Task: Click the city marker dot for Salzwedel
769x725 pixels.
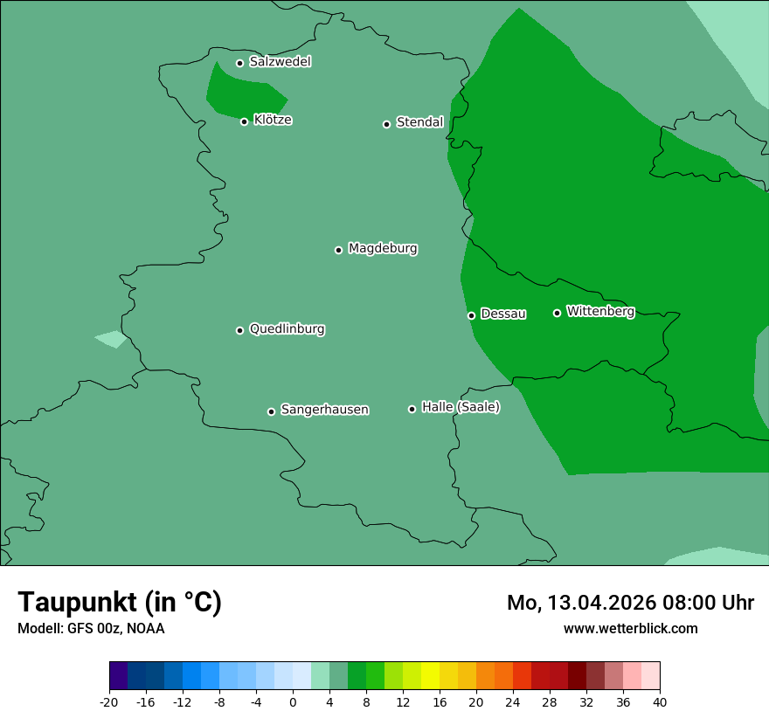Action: (x=239, y=63)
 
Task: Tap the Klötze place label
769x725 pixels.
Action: (x=273, y=120)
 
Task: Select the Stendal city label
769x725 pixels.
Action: (x=420, y=122)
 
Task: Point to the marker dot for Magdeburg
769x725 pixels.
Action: (x=338, y=250)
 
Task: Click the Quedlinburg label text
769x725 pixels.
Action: (x=287, y=329)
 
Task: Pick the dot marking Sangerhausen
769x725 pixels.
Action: (x=271, y=411)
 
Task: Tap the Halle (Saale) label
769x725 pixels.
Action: (x=461, y=407)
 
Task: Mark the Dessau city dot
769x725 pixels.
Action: (x=471, y=315)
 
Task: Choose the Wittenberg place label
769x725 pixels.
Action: (x=600, y=311)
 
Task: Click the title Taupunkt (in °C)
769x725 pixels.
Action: (x=120, y=603)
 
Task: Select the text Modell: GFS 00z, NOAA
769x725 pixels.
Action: (x=91, y=628)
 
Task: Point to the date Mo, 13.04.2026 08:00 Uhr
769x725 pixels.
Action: (x=630, y=603)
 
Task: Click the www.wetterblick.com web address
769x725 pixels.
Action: (x=630, y=628)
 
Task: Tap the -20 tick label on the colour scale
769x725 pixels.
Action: (x=109, y=702)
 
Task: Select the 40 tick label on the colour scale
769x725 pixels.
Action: (x=660, y=702)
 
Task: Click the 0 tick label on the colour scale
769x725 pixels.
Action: (x=293, y=702)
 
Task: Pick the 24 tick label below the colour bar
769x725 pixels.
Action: (x=513, y=702)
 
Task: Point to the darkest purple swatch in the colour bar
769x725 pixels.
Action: (x=118, y=676)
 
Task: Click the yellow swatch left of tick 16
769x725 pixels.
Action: (x=430, y=676)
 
